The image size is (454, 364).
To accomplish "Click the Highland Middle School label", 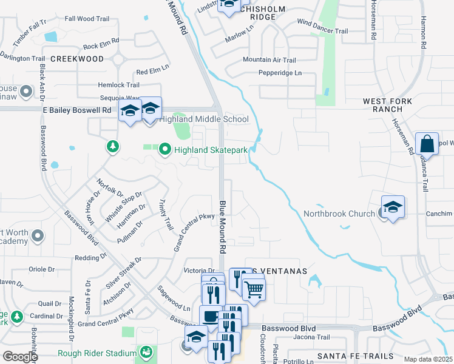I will click(x=204, y=120).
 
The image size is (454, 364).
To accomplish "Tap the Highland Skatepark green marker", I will click(x=164, y=150).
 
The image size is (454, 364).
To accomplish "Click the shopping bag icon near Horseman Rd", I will click(x=427, y=145).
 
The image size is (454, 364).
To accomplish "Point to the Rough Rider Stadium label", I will click(x=97, y=354).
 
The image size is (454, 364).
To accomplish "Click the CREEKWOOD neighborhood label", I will click(x=77, y=59).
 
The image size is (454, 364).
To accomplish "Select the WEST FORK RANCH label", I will click(x=387, y=105).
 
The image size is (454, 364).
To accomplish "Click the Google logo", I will click(x=20, y=357).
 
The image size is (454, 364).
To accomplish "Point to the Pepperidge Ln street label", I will click(x=280, y=73).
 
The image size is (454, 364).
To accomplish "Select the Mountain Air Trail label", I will click(x=269, y=60).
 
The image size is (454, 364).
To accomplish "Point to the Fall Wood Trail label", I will click(x=86, y=19).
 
